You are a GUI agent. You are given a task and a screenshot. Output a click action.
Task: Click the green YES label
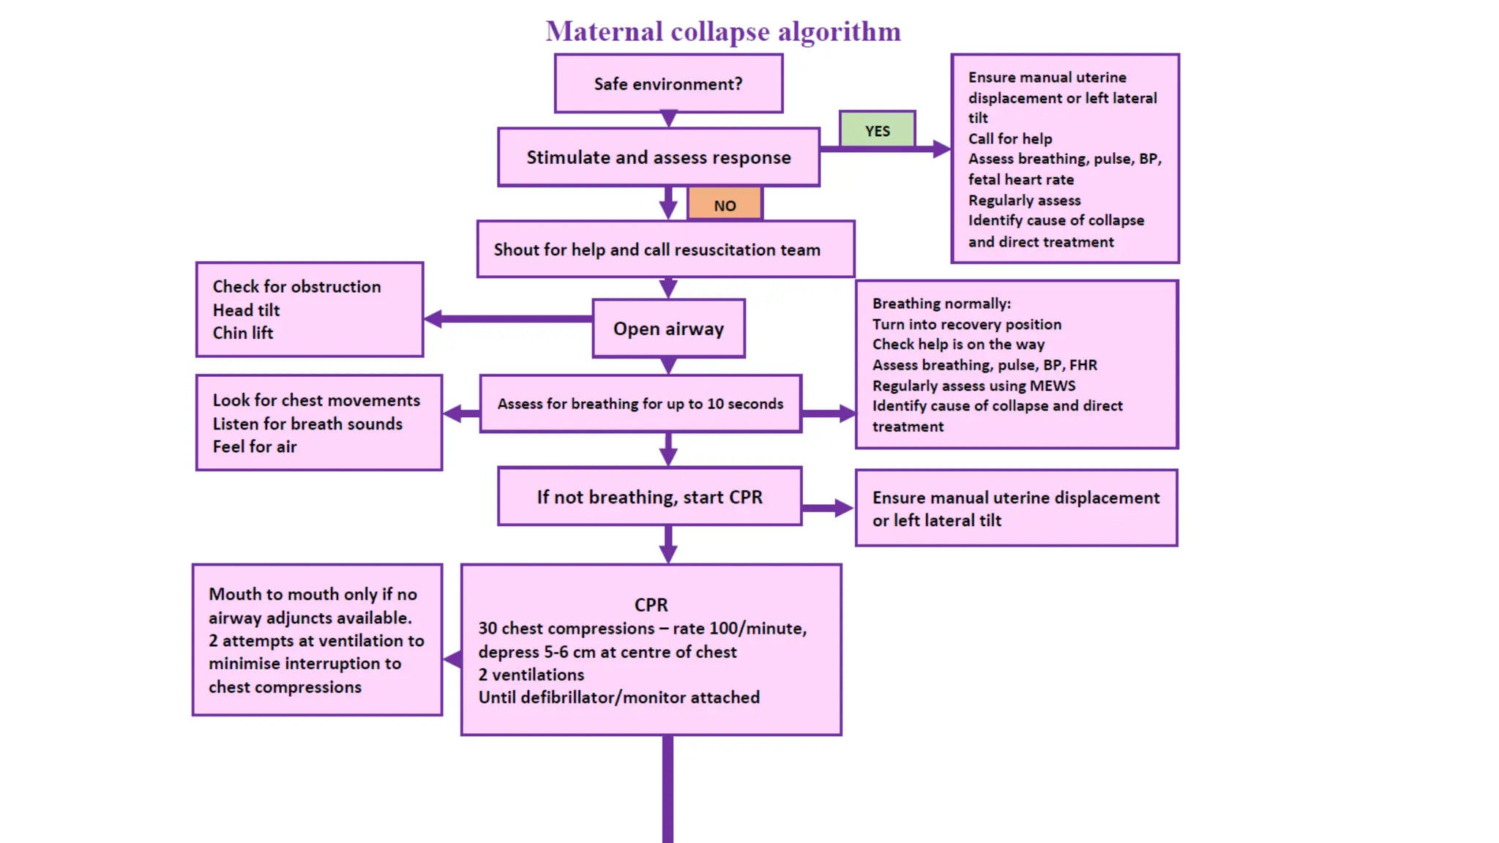tap(877, 130)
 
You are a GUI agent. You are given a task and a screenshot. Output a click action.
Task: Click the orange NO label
tap(725, 205)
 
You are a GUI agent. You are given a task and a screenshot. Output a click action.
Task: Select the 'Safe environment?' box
tap(668, 84)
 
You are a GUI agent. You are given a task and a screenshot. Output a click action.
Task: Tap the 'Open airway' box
tap(668, 329)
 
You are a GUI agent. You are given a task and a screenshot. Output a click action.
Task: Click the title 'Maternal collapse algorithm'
tap(723, 31)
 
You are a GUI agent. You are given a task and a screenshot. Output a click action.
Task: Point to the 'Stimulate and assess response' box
tap(658, 157)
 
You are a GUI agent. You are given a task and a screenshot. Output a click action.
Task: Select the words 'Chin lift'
tap(243, 333)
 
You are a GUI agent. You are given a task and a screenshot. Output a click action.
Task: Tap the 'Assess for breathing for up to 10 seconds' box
tap(640, 403)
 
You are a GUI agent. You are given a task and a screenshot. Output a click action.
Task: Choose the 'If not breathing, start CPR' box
tap(649, 497)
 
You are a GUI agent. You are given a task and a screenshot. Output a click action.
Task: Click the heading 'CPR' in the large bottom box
tap(651, 604)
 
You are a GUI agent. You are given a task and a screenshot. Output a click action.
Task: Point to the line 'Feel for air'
tap(255, 446)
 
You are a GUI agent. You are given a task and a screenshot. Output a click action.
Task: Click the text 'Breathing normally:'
tap(941, 303)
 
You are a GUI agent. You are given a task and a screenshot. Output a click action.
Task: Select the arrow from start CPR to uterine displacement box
tap(827, 508)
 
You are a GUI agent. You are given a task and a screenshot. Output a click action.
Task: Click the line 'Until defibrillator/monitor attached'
tap(619, 697)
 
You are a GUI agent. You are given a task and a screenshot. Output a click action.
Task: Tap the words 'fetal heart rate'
tap(1021, 179)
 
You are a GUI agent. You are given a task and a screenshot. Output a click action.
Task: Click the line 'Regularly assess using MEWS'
tap(973, 386)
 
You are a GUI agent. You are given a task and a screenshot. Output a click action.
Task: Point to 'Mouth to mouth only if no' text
tap(313, 594)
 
